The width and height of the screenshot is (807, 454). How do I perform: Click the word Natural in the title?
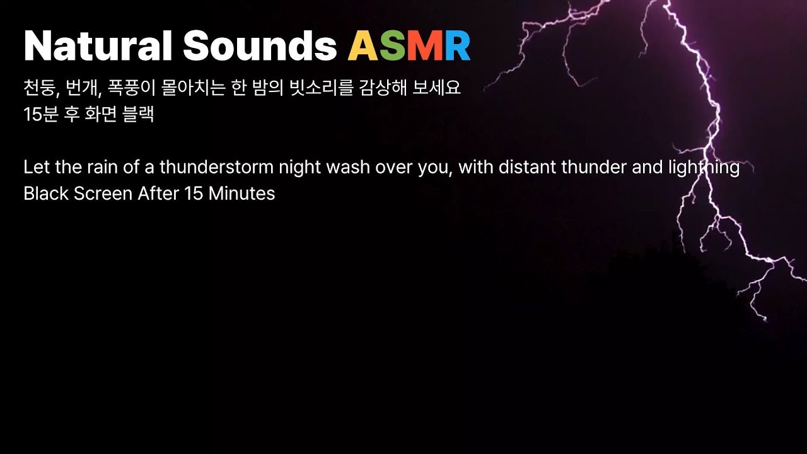pyautogui.click(x=97, y=45)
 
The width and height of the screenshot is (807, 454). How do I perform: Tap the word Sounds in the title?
pyautogui.click(x=260, y=45)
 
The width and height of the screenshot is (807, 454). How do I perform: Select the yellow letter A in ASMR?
pyautogui.click(x=363, y=45)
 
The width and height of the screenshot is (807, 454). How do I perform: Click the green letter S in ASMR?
pyautogui.click(x=392, y=45)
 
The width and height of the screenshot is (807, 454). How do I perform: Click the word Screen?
pyautogui.click(x=103, y=194)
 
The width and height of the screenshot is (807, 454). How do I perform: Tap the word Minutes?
pyautogui.click(x=241, y=194)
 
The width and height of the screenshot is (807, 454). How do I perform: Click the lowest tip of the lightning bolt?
pyautogui.click(x=765, y=320)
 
